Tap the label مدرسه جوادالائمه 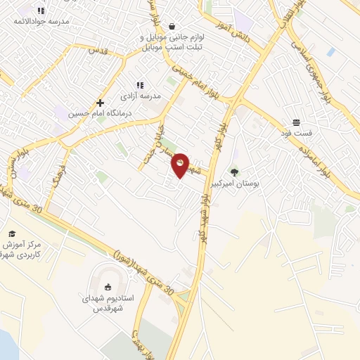pos(42,21)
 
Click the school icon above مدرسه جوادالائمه pos(41,11)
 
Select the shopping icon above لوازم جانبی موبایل pos(172,27)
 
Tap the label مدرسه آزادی pos(141,95)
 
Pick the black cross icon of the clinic pos(101,103)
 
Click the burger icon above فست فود pos(296,122)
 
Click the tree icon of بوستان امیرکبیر pos(234,172)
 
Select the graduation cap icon pos(11,233)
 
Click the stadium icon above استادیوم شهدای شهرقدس pos(108,286)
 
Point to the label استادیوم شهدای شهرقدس pos(108,302)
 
